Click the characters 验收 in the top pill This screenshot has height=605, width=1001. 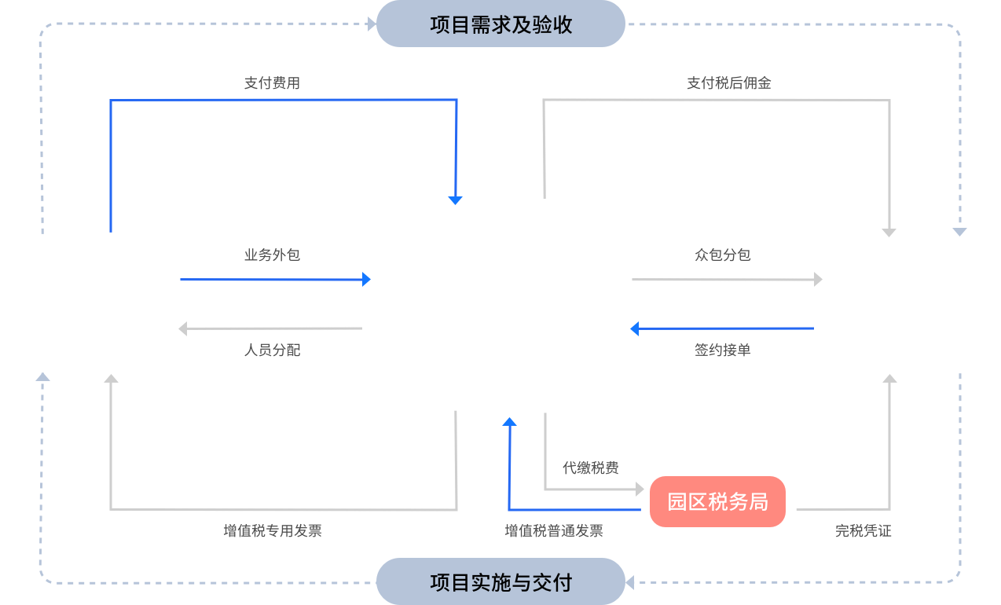click(x=553, y=25)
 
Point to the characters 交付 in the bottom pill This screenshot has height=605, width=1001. click(x=553, y=583)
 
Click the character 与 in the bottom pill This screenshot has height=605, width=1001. click(x=522, y=583)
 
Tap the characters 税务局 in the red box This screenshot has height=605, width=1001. click(x=739, y=502)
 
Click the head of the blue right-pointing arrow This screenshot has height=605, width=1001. click(x=366, y=279)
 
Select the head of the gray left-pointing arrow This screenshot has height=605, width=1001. click(x=183, y=328)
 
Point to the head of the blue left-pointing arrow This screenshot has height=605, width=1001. click(x=635, y=328)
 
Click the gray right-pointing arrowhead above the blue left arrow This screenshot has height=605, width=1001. click(x=818, y=279)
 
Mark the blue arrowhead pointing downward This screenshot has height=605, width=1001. click(x=455, y=200)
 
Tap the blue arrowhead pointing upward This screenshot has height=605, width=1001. click(x=509, y=422)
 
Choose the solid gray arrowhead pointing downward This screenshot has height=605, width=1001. click(x=889, y=233)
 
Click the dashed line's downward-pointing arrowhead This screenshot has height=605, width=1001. click(x=959, y=232)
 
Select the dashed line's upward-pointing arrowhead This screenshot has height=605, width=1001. click(x=42, y=377)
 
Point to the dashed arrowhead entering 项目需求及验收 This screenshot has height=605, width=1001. click(x=372, y=24)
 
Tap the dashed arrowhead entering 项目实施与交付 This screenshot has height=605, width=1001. click(x=630, y=583)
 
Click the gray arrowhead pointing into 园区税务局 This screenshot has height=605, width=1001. click(x=640, y=489)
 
